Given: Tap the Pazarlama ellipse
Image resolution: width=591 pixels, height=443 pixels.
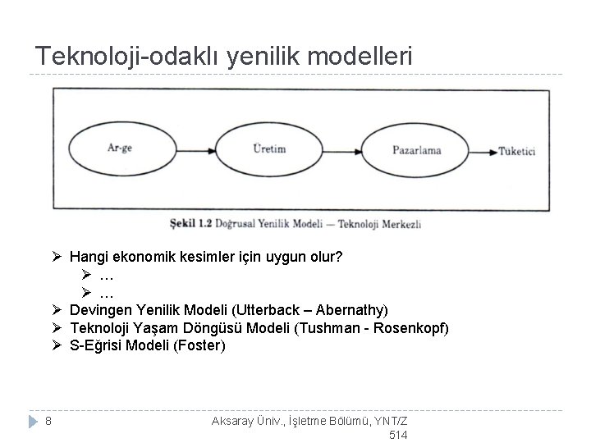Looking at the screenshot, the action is coord(417,149).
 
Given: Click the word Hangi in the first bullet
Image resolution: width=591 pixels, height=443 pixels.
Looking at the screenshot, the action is coord(86,258).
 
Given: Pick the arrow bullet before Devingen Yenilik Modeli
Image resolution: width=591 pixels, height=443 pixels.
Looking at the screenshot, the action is coord(55,310).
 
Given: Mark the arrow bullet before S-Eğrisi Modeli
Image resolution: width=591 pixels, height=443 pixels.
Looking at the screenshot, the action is coord(55,345).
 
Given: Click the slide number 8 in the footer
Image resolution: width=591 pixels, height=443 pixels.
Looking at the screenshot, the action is coord(49,422).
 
